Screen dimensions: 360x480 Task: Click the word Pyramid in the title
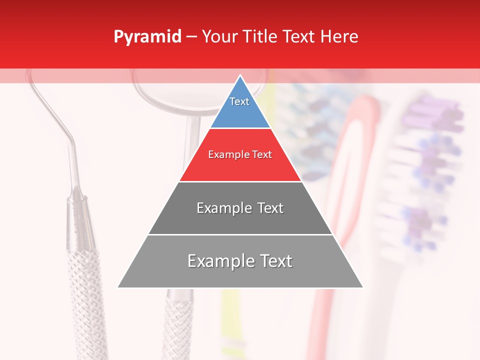(147, 37)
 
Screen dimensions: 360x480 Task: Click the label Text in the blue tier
(239, 101)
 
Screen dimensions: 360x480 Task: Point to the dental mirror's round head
(165, 92)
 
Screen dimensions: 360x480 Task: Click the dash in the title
(191, 37)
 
